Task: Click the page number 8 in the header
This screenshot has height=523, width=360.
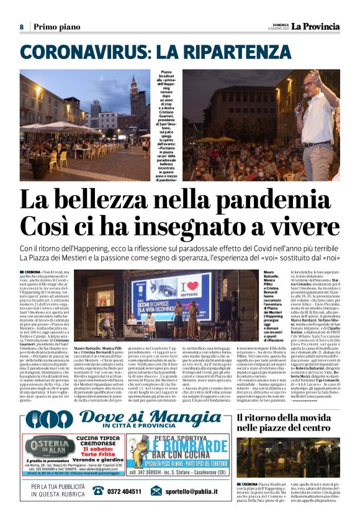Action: (22, 27)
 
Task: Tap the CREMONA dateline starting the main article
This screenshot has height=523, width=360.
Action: (33, 273)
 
